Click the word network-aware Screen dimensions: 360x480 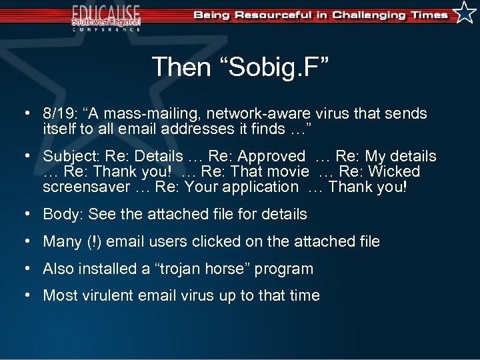(252, 114)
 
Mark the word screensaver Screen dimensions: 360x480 (86, 187)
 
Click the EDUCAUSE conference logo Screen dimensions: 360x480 (106, 17)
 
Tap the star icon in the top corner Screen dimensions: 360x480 (464, 13)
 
